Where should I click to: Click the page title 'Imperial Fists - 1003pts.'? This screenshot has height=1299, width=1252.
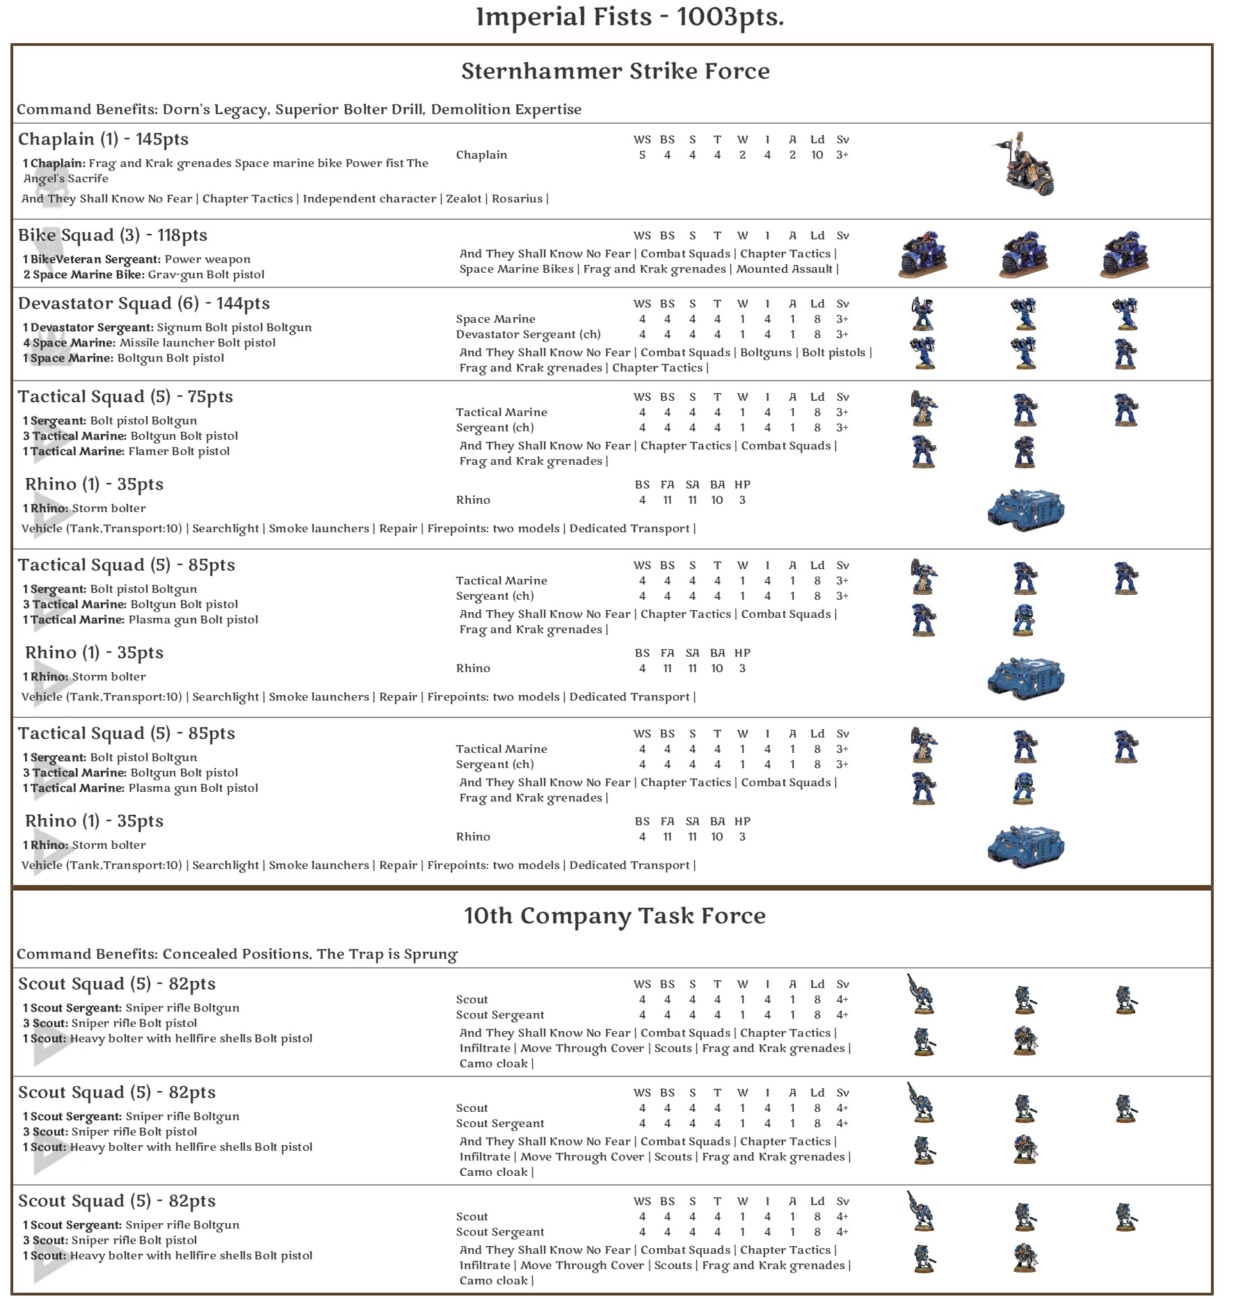629,17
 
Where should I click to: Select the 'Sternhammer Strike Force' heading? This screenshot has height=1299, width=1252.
615,71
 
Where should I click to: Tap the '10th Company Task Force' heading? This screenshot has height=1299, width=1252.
615,916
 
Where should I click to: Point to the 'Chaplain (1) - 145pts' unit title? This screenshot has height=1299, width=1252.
103,139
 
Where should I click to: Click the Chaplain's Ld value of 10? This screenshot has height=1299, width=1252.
817,155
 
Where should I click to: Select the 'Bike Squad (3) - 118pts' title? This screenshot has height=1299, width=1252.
113,235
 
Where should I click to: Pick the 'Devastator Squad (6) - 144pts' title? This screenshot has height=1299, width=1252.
143,303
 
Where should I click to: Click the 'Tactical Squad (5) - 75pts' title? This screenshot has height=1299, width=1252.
125,397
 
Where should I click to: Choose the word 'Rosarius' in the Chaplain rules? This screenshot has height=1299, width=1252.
517,199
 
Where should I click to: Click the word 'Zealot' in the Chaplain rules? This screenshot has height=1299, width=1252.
463,199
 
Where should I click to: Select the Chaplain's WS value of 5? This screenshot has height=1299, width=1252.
642,155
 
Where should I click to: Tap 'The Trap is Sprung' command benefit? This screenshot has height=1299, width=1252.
387,954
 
